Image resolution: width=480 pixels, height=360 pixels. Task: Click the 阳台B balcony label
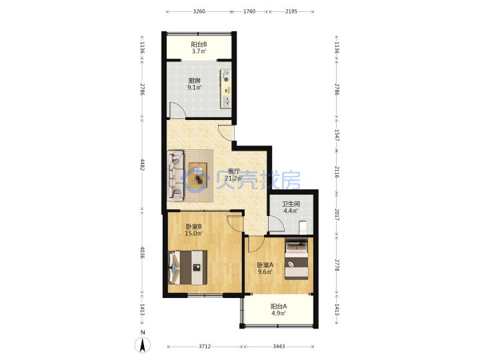click(199, 45)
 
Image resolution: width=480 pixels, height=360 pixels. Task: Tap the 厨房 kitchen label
click(195, 81)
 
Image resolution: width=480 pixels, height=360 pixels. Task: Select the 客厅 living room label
click(234, 171)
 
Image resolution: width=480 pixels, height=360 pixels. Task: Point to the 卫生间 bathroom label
click(291, 204)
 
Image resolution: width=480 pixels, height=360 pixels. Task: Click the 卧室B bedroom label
click(193, 227)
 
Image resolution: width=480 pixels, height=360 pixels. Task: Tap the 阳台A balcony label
click(279, 306)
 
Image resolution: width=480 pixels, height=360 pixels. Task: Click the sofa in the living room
click(175, 175)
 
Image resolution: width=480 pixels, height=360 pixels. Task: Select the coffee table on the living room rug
click(198, 175)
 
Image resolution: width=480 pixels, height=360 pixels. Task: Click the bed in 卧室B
click(187, 267)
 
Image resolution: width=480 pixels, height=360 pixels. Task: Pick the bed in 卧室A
click(297, 259)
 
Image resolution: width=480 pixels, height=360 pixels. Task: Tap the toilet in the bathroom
click(303, 227)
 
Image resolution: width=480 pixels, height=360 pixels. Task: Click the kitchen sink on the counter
click(226, 101)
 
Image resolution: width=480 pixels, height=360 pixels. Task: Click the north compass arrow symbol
click(143, 345)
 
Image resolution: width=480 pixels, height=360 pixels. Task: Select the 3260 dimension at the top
click(199, 11)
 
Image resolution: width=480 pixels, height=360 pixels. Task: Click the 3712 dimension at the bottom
click(205, 347)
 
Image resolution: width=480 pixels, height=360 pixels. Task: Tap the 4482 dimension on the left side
click(143, 165)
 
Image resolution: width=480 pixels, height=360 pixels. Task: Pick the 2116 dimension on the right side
click(337, 172)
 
